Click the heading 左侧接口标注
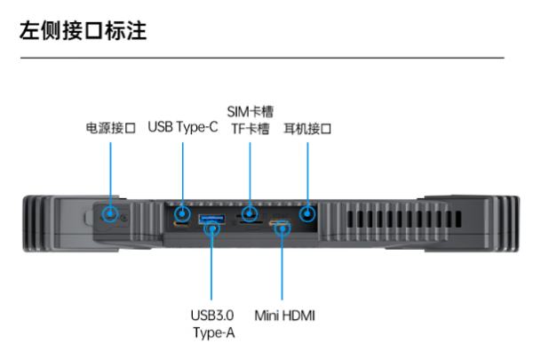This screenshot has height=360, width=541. click(x=83, y=32)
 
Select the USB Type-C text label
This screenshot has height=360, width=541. click(x=182, y=127)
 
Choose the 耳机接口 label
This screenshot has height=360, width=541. click(x=307, y=128)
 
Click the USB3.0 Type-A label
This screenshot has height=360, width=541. click(x=211, y=324)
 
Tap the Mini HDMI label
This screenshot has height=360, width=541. click(x=284, y=315)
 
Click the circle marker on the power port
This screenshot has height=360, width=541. click(x=110, y=213)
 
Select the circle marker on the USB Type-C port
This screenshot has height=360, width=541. click(x=182, y=213)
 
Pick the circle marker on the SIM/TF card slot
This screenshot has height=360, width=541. click(x=250, y=213)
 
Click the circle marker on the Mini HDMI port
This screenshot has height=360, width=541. click(x=282, y=228)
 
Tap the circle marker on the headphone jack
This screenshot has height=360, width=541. click(x=307, y=213)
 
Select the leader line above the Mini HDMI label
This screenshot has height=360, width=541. click(x=282, y=267)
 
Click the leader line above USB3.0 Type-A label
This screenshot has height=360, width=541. click(x=211, y=267)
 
